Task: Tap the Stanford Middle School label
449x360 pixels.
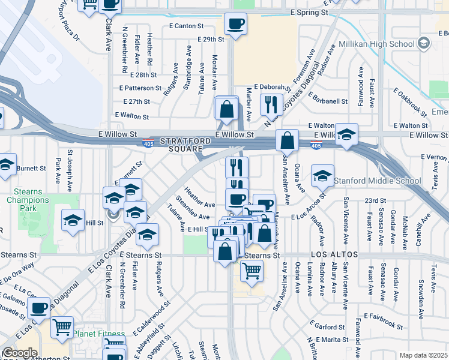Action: pos(375,181)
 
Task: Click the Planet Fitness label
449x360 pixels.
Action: pos(100,334)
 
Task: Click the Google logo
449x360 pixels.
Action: pos(20,353)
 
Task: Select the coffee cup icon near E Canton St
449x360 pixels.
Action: pos(235,24)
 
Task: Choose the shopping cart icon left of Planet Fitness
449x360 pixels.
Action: pos(62,327)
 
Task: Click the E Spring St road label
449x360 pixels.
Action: pos(309,12)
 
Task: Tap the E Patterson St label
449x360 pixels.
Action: pos(142,88)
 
